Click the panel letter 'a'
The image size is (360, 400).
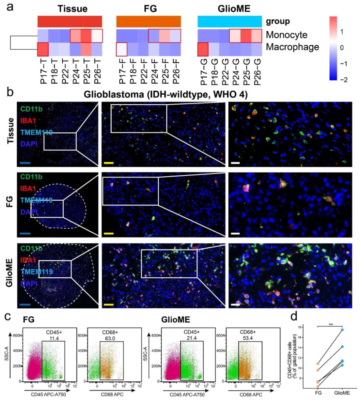coord(10,6)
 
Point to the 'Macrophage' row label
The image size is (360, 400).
coord(292,47)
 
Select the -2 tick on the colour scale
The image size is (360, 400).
coord(344,80)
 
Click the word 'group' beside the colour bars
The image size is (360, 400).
coord(278,22)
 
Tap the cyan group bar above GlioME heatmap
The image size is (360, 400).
coord(229,22)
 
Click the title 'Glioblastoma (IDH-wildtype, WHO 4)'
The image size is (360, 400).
coord(166,94)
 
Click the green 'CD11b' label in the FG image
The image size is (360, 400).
coord(31,177)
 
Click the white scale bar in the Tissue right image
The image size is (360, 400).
coord(236,163)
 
